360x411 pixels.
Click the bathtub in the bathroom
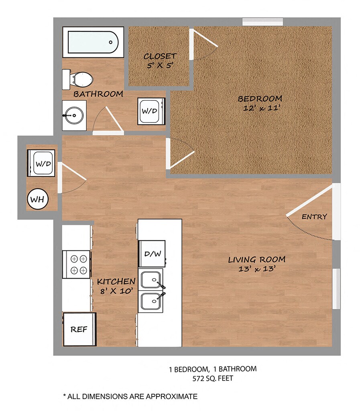click(93, 42)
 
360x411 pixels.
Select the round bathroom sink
click(74, 115)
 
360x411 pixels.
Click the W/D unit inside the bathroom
click(151, 111)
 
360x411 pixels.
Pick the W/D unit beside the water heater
click(41, 163)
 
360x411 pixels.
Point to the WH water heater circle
click(38, 199)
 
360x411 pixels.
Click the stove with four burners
click(77, 264)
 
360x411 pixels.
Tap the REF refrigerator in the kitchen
click(79, 329)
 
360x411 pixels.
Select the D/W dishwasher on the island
click(152, 254)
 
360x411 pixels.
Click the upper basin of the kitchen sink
click(151, 280)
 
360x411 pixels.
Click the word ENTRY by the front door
click(314, 217)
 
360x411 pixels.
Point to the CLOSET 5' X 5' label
click(160, 61)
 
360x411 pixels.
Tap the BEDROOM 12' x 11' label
click(260, 103)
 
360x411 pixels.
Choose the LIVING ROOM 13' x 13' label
click(257, 264)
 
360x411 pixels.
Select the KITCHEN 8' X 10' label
click(116, 286)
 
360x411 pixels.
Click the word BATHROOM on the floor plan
click(98, 94)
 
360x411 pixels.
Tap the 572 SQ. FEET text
click(213, 378)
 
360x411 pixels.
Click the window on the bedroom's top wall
click(262, 22)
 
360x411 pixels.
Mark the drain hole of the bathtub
click(110, 42)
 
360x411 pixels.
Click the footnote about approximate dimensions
click(130, 396)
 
